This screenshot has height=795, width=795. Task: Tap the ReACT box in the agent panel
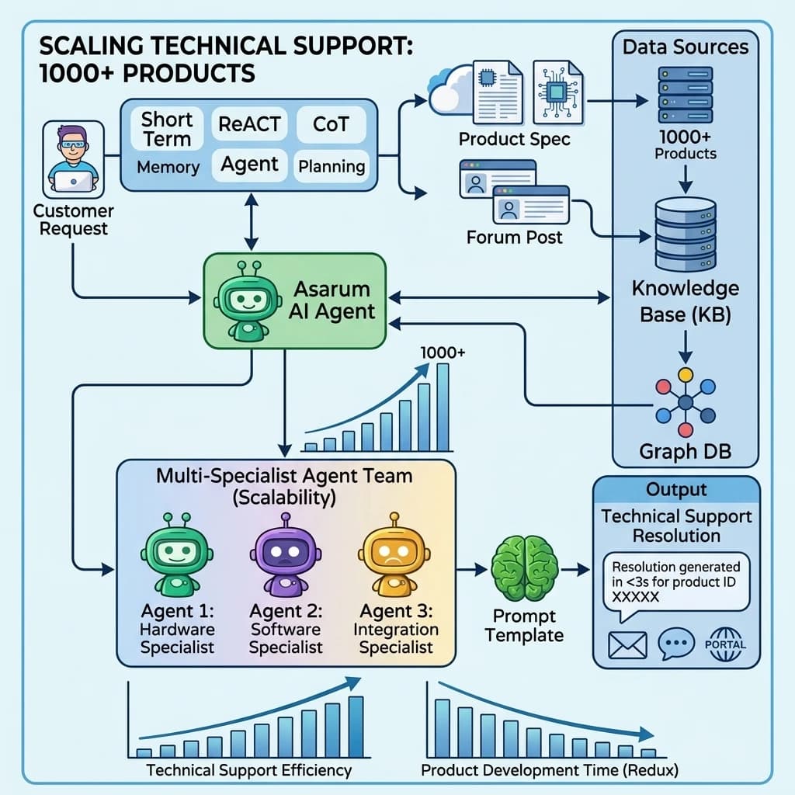(249, 124)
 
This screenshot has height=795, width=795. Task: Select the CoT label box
(331, 124)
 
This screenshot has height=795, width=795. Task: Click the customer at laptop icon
(74, 160)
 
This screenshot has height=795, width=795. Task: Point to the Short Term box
(167, 129)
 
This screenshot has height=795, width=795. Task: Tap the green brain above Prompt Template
(525, 569)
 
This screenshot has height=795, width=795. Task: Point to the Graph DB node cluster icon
(685, 402)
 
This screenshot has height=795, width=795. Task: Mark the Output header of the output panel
(676, 490)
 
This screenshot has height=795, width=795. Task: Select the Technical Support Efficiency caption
(249, 771)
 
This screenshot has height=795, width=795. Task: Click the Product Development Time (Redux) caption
(550, 771)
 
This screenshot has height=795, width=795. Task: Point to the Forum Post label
(515, 237)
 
